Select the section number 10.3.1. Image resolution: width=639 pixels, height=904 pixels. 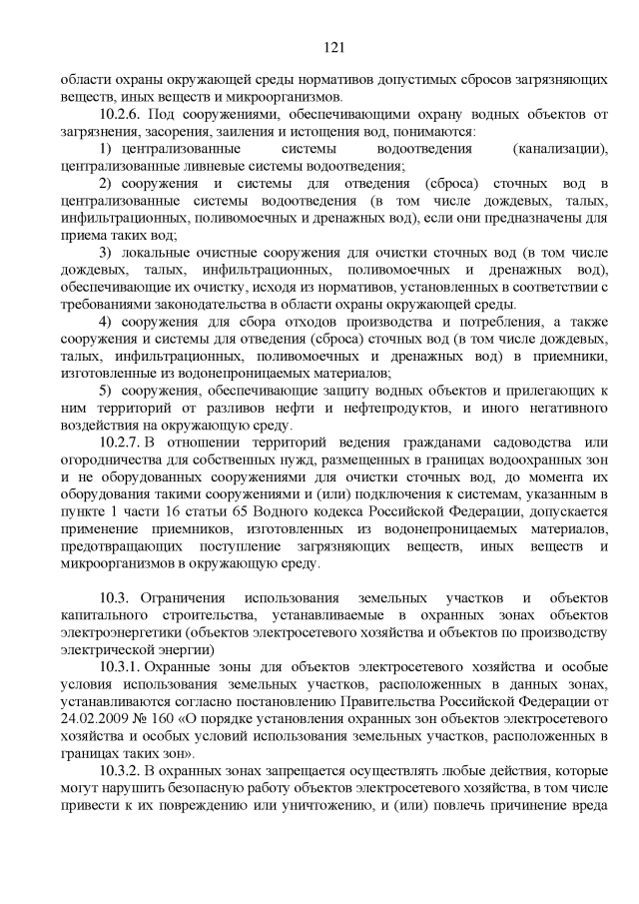(124, 664)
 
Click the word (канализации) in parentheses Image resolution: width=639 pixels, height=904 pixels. (559, 149)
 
